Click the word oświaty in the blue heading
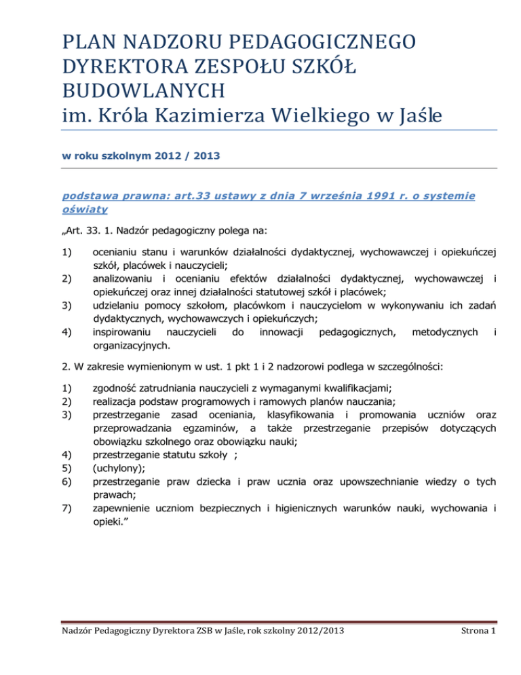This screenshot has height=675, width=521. click(81, 210)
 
